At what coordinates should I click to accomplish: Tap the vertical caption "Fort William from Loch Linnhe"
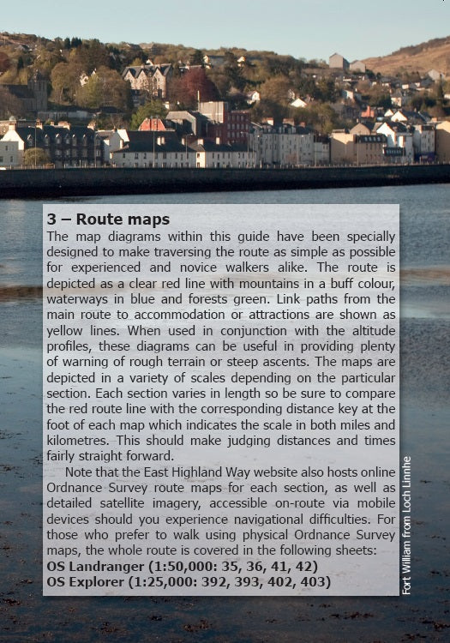pyautogui.click(x=406, y=525)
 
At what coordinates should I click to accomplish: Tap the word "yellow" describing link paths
pyautogui.click(x=69, y=330)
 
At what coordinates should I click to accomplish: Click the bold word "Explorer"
pyautogui.click(x=97, y=582)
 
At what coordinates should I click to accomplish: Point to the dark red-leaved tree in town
pyautogui.click(x=195, y=86)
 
